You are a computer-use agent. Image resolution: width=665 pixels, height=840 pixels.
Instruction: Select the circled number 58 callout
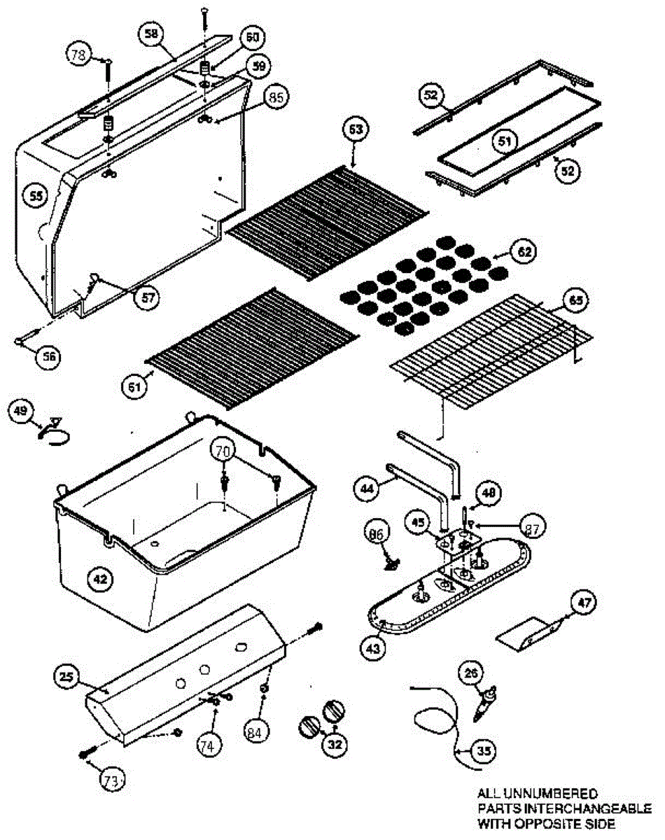click(152, 33)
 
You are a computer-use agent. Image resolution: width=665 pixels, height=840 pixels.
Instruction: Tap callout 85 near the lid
click(276, 97)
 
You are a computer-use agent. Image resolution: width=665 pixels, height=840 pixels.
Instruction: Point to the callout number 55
click(35, 197)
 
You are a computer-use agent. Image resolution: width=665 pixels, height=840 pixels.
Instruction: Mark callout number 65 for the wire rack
click(575, 301)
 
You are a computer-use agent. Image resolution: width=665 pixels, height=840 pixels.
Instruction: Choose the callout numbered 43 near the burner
click(374, 649)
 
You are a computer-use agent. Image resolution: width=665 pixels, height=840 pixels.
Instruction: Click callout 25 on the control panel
click(66, 676)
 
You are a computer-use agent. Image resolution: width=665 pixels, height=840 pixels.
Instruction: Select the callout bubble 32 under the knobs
click(335, 745)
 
